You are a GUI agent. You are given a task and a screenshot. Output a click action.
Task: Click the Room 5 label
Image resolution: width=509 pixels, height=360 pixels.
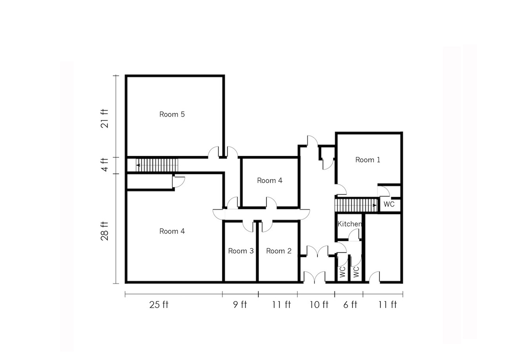(x=172, y=114)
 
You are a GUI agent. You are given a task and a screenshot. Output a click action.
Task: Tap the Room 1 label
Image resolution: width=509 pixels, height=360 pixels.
(x=367, y=160)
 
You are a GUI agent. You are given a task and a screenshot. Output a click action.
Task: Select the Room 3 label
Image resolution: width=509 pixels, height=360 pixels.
(x=241, y=251)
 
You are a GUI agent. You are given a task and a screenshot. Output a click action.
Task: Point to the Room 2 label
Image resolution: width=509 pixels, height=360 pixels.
(x=279, y=251)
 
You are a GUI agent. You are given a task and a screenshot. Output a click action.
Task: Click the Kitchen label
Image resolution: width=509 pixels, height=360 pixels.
(x=350, y=224)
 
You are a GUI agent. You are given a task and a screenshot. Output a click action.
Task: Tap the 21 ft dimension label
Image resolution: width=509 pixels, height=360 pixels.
(x=105, y=119)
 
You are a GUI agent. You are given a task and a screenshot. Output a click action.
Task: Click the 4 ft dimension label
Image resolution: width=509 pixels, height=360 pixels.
(x=105, y=165)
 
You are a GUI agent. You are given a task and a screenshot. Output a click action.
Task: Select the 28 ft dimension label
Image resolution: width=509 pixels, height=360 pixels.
(x=105, y=231)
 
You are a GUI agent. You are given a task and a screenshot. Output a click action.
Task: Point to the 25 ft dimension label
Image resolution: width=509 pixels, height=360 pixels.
(x=159, y=305)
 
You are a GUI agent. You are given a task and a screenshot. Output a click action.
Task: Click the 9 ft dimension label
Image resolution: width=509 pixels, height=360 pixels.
(x=240, y=305)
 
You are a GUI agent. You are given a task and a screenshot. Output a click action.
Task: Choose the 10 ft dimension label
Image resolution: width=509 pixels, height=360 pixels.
(x=319, y=305)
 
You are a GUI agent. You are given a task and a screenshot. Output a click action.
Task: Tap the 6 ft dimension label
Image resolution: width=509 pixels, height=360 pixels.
(x=350, y=305)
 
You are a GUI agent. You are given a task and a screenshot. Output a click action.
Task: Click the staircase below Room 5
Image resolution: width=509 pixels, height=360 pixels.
(x=157, y=165)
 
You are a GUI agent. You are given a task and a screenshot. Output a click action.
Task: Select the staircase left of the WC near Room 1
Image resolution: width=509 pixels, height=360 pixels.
(x=356, y=205)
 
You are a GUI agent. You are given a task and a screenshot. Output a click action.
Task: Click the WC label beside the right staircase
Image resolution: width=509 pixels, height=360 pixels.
(x=389, y=204)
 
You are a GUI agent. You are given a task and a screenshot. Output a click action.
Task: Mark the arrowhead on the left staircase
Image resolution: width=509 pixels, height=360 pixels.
(x=138, y=165)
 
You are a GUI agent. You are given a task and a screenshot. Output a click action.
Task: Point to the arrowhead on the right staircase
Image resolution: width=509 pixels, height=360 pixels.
(x=375, y=205)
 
